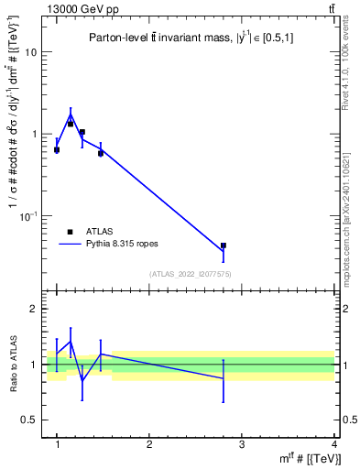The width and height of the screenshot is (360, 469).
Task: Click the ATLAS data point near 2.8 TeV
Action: [249, 245]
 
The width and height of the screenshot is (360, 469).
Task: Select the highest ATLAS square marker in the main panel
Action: [71, 124]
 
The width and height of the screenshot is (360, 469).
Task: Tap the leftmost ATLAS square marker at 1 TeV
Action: [57, 149]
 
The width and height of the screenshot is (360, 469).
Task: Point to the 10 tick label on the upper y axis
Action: [30, 52]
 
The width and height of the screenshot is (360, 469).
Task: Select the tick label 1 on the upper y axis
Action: [33, 134]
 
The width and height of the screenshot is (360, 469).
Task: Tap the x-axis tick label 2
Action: [149, 444]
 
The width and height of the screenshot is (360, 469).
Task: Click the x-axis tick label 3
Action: [242, 444]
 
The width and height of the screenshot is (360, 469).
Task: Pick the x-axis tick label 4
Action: [333, 444]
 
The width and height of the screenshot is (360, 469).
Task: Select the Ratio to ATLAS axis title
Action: [13, 365]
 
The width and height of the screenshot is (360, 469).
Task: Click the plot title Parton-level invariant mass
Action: [190, 37]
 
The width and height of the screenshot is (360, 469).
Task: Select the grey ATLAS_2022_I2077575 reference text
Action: [191, 274]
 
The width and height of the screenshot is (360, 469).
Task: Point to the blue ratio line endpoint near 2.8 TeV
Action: [249, 377]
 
